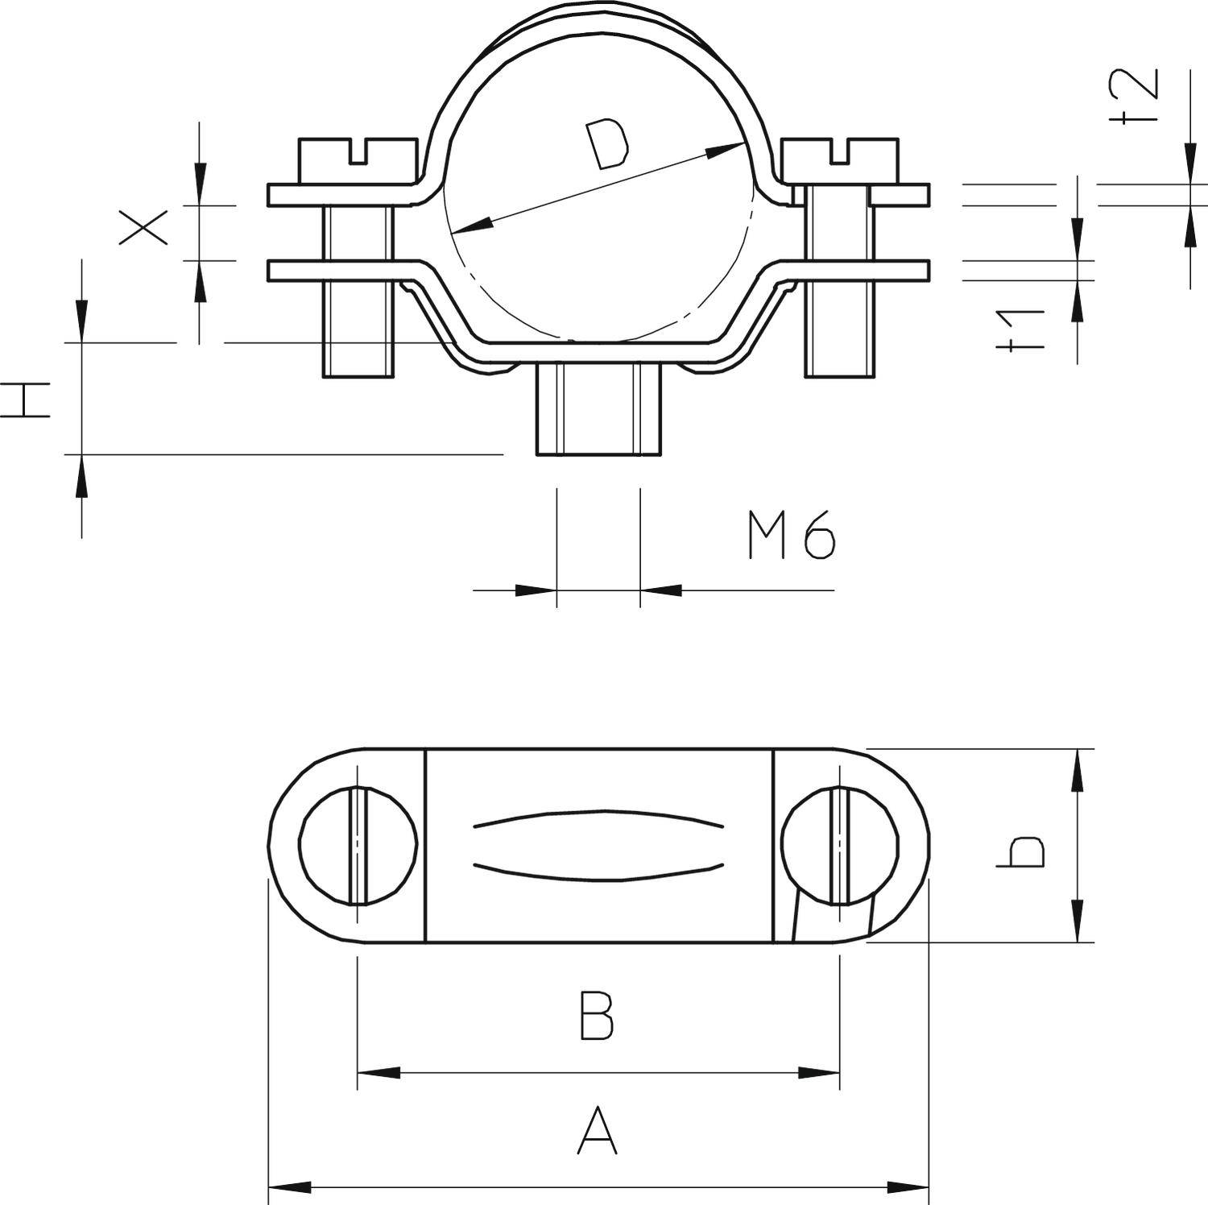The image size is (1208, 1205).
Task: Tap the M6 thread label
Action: click(x=792, y=536)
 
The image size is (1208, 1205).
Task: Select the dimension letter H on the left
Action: click(x=26, y=400)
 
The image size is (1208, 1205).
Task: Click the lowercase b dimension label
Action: click(x=1021, y=852)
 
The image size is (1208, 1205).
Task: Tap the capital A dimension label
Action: click(x=597, y=1132)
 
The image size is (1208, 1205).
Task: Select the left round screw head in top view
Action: click(x=358, y=845)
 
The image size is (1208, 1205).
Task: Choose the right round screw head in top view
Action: click(x=839, y=845)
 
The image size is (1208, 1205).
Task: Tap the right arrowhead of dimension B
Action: click(x=818, y=1073)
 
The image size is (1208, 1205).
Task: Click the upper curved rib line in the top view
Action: click(x=598, y=817)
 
